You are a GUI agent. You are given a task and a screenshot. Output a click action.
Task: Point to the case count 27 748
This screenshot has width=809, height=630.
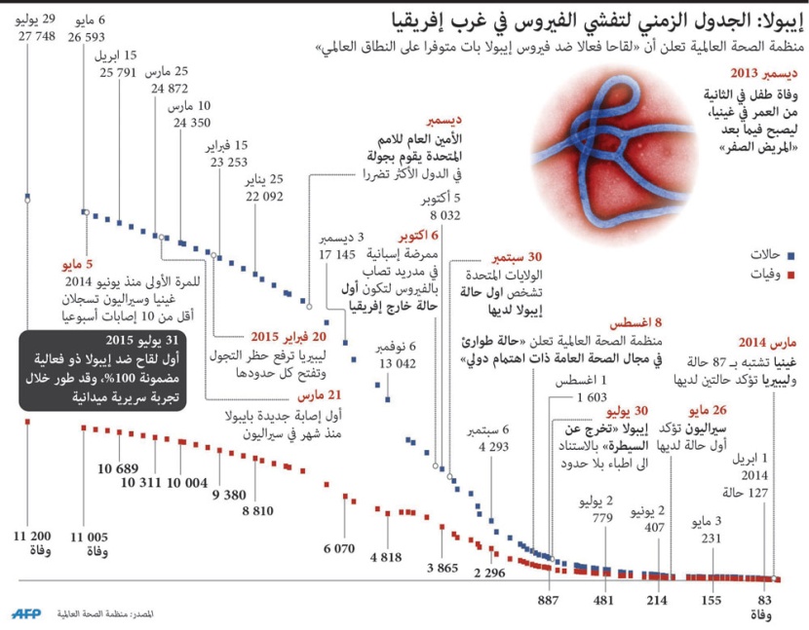(x=35, y=36)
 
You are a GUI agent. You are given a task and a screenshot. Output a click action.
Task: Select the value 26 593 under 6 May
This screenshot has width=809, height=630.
(x=87, y=36)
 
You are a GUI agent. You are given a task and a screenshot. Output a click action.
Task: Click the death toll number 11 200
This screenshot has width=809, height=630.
(x=33, y=536)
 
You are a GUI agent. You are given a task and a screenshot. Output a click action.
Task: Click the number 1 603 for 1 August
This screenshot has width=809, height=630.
(x=592, y=397)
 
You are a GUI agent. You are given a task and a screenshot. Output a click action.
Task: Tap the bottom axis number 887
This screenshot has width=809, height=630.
(x=548, y=600)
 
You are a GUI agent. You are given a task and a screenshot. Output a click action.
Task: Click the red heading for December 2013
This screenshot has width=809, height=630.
(x=764, y=73)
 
